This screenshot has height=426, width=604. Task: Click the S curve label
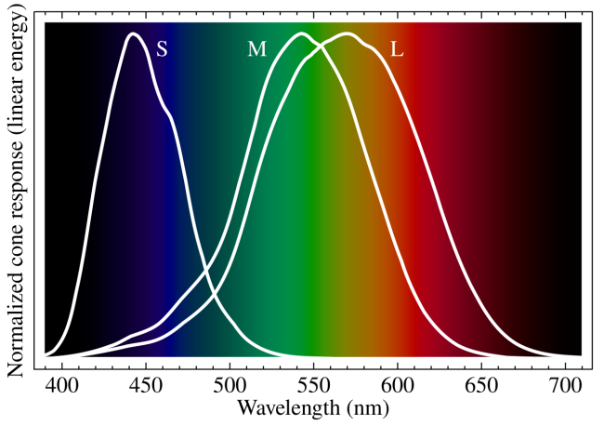point(162,49)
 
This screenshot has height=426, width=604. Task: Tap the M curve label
point(257,49)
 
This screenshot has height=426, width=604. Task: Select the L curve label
point(397,49)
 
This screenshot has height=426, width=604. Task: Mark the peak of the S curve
point(134,33)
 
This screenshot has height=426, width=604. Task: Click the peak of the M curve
point(300,33)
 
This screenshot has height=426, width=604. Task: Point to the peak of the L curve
point(348,33)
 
